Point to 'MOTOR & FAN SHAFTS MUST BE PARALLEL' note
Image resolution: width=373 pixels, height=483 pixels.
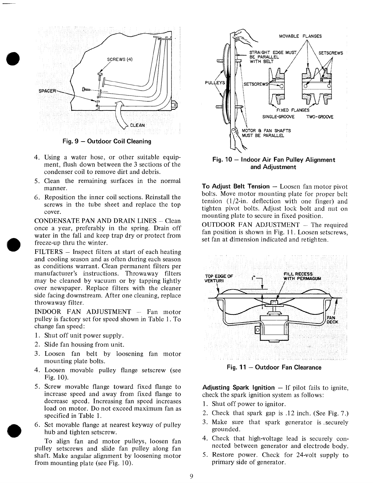266,133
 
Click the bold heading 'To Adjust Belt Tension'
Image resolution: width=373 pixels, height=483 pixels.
236,186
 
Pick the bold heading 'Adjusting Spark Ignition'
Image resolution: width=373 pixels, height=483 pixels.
238,388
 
